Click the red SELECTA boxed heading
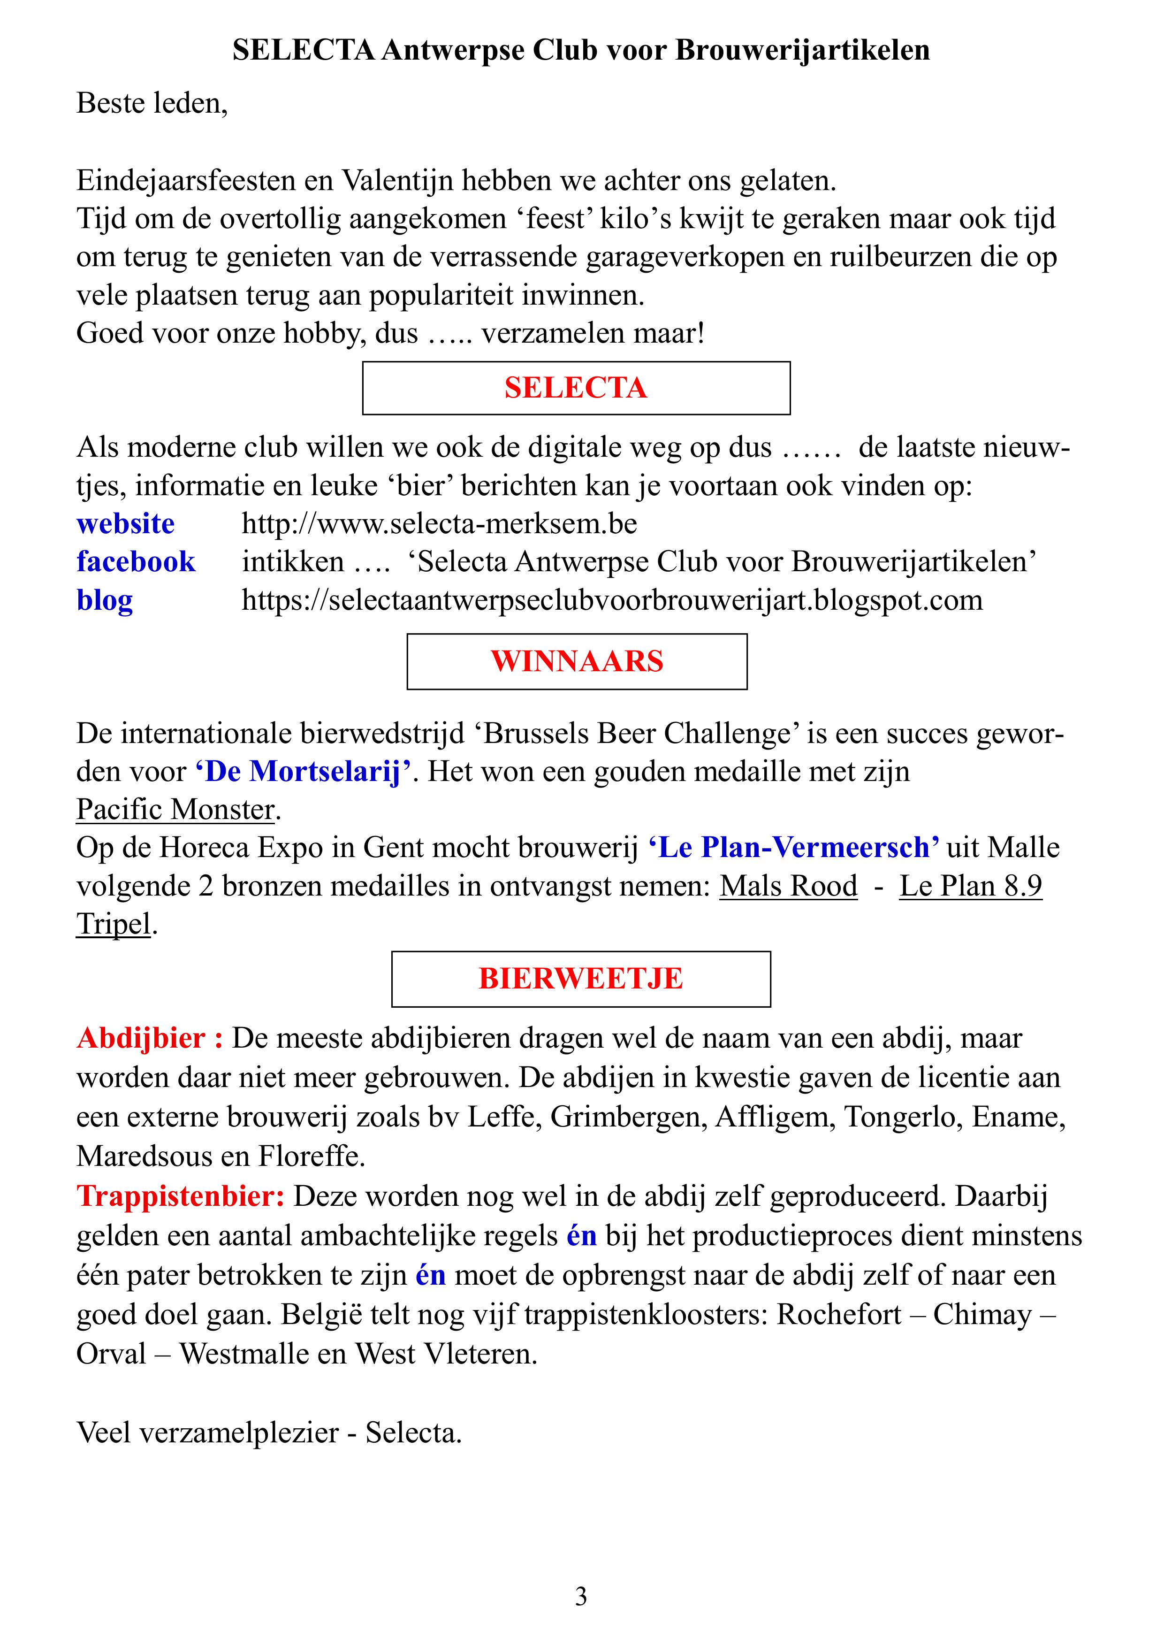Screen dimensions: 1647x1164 point(576,388)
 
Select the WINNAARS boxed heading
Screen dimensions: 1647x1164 point(577,661)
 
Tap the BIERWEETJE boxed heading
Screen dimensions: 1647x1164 point(581,979)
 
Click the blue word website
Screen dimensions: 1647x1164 point(126,524)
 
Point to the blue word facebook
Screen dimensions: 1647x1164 point(136,562)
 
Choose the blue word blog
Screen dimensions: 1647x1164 point(105,600)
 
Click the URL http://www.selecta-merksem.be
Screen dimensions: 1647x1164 point(439,524)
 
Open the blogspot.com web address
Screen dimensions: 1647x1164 point(612,600)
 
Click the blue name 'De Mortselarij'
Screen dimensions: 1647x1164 point(304,771)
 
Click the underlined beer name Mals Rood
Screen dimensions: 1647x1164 point(788,886)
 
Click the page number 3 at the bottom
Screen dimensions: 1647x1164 point(581,1597)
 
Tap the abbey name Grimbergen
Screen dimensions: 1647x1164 point(624,1117)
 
